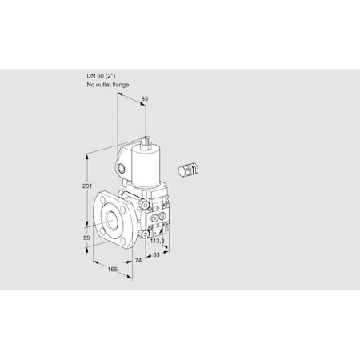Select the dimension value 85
pyautogui.click(x=145, y=99)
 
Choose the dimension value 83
pyautogui.click(x=157, y=255)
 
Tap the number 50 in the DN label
pyautogui.click(x=99, y=76)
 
